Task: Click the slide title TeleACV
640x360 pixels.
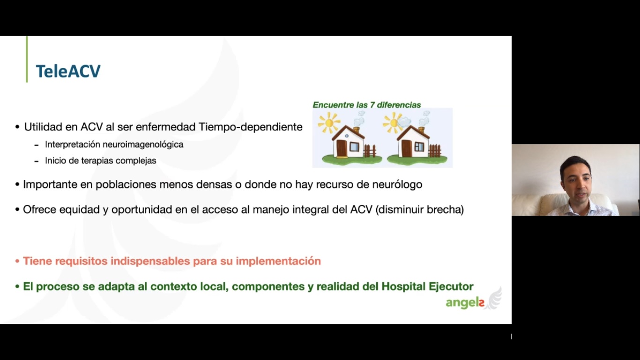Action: pos(68,71)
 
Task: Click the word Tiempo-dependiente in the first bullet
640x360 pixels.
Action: pos(250,127)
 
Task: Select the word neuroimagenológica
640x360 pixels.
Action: pos(143,145)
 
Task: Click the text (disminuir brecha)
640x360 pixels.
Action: pos(419,210)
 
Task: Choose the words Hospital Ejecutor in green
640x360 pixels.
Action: pos(427,286)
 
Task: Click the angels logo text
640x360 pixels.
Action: pos(465,303)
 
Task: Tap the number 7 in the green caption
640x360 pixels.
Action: pos(372,105)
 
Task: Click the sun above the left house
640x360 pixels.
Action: pos(329,122)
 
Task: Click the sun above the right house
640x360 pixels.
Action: pos(394,123)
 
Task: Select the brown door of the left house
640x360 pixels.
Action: pos(342,149)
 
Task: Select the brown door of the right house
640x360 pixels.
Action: pos(406,149)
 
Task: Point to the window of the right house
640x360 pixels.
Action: pos(419,147)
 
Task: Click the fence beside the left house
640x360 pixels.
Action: pos(370,151)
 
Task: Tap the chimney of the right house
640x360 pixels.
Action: pos(421,130)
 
